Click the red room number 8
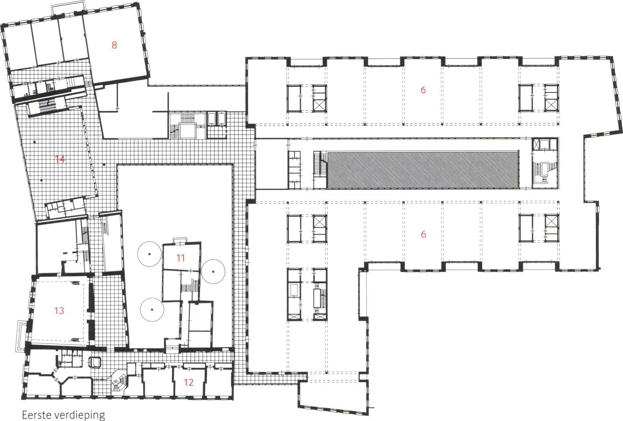pos(114,45)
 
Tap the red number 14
pos(60,159)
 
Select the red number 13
pos(59,311)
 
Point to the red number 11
pos(180,258)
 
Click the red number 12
pos(188,382)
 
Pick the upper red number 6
pos(423,90)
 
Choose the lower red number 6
pos(423,234)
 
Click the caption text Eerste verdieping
pos(63,415)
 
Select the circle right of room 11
pos(213,271)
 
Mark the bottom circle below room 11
pos(152,309)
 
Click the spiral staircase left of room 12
pos(118,381)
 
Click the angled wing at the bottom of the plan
pos(334,397)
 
